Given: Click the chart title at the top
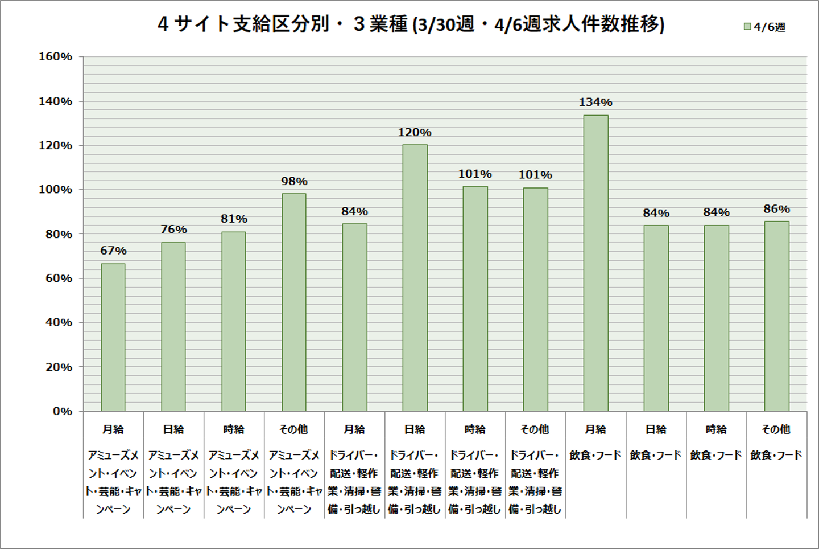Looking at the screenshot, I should [411, 24].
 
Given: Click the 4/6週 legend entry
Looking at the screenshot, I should [765, 27].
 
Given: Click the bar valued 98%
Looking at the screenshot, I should [294, 302].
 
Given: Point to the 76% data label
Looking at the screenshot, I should [173, 230].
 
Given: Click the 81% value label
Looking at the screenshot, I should [234, 219].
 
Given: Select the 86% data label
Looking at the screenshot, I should [776, 209].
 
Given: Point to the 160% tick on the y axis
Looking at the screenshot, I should [56, 56].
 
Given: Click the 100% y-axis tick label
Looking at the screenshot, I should [56, 190].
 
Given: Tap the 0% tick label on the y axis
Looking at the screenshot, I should [63, 411].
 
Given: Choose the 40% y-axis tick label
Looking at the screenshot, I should [59, 322].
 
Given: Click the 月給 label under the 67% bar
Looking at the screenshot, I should [113, 429].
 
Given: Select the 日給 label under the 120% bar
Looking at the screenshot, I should [415, 429].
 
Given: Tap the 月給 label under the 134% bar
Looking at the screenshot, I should [595, 429].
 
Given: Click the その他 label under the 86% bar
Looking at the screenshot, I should [776, 429].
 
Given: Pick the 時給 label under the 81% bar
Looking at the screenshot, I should [234, 429].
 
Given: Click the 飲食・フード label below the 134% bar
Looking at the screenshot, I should [595, 455].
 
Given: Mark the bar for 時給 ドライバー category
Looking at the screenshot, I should [475, 298].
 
